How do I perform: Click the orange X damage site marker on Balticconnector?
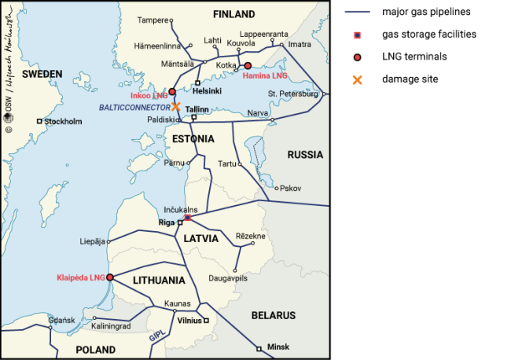(176, 107)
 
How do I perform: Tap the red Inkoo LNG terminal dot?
(172, 92)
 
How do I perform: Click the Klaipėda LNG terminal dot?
(110, 277)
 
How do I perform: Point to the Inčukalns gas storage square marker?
(187, 218)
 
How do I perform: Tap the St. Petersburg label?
(292, 94)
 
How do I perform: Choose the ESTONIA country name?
(192, 139)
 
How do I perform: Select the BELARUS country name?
(273, 315)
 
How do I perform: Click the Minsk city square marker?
(259, 347)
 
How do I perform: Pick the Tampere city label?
(153, 19)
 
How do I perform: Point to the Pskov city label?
(291, 189)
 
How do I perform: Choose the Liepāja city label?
(93, 241)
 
